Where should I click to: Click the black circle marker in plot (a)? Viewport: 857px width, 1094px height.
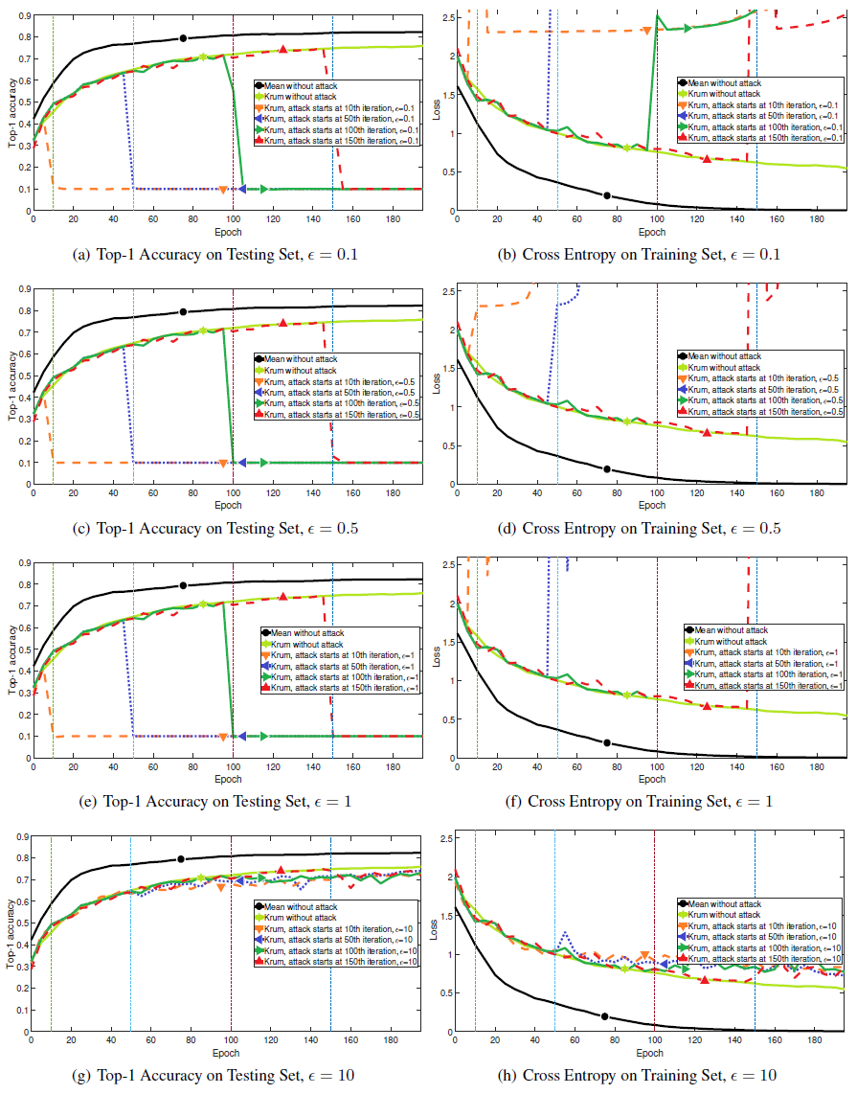[183, 38]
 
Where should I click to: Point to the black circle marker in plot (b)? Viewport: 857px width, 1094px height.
[607, 195]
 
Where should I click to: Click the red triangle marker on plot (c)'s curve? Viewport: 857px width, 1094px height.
[283, 323]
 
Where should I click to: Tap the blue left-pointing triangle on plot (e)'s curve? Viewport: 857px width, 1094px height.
[242, 736]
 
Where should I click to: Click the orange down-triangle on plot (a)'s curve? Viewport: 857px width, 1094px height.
[222, 189]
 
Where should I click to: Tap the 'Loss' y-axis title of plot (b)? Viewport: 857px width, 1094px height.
[436, 110]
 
